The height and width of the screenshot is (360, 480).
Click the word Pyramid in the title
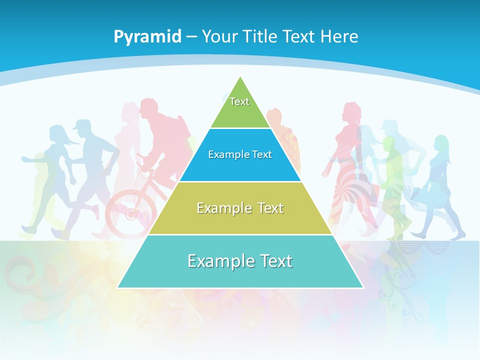coord(147,37)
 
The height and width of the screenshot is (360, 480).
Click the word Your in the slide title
coord(219,36)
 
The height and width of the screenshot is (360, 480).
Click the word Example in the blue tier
coord(224,154)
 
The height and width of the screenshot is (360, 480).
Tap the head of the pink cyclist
coord(148,107)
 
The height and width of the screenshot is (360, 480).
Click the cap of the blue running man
coord(81,124)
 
